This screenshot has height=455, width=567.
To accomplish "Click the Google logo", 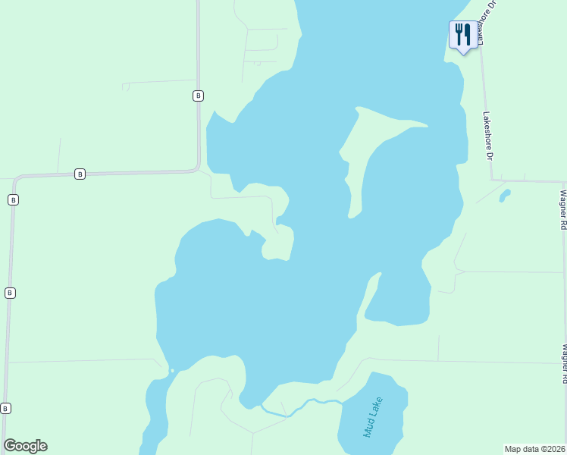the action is [x=25, y=445].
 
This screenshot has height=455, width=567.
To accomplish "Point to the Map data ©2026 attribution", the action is [x=534, y=448].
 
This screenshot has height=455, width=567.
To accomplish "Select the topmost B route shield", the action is [x=197, y=96].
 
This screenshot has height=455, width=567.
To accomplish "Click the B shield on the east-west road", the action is [x=80, y=174].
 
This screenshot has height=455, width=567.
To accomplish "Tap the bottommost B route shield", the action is [x=6, y=408].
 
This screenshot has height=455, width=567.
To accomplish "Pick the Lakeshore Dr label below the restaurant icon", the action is [x=487, y=136].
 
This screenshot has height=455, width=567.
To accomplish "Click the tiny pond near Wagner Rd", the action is [x=504, y=196].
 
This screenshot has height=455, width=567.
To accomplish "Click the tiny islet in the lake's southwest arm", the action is [x=172, y=370].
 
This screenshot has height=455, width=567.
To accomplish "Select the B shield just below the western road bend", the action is [x=13, y=199].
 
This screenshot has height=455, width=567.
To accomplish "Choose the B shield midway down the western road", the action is [x=9, y=293].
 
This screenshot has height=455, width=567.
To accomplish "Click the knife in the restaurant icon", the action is [x=466, y=33].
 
